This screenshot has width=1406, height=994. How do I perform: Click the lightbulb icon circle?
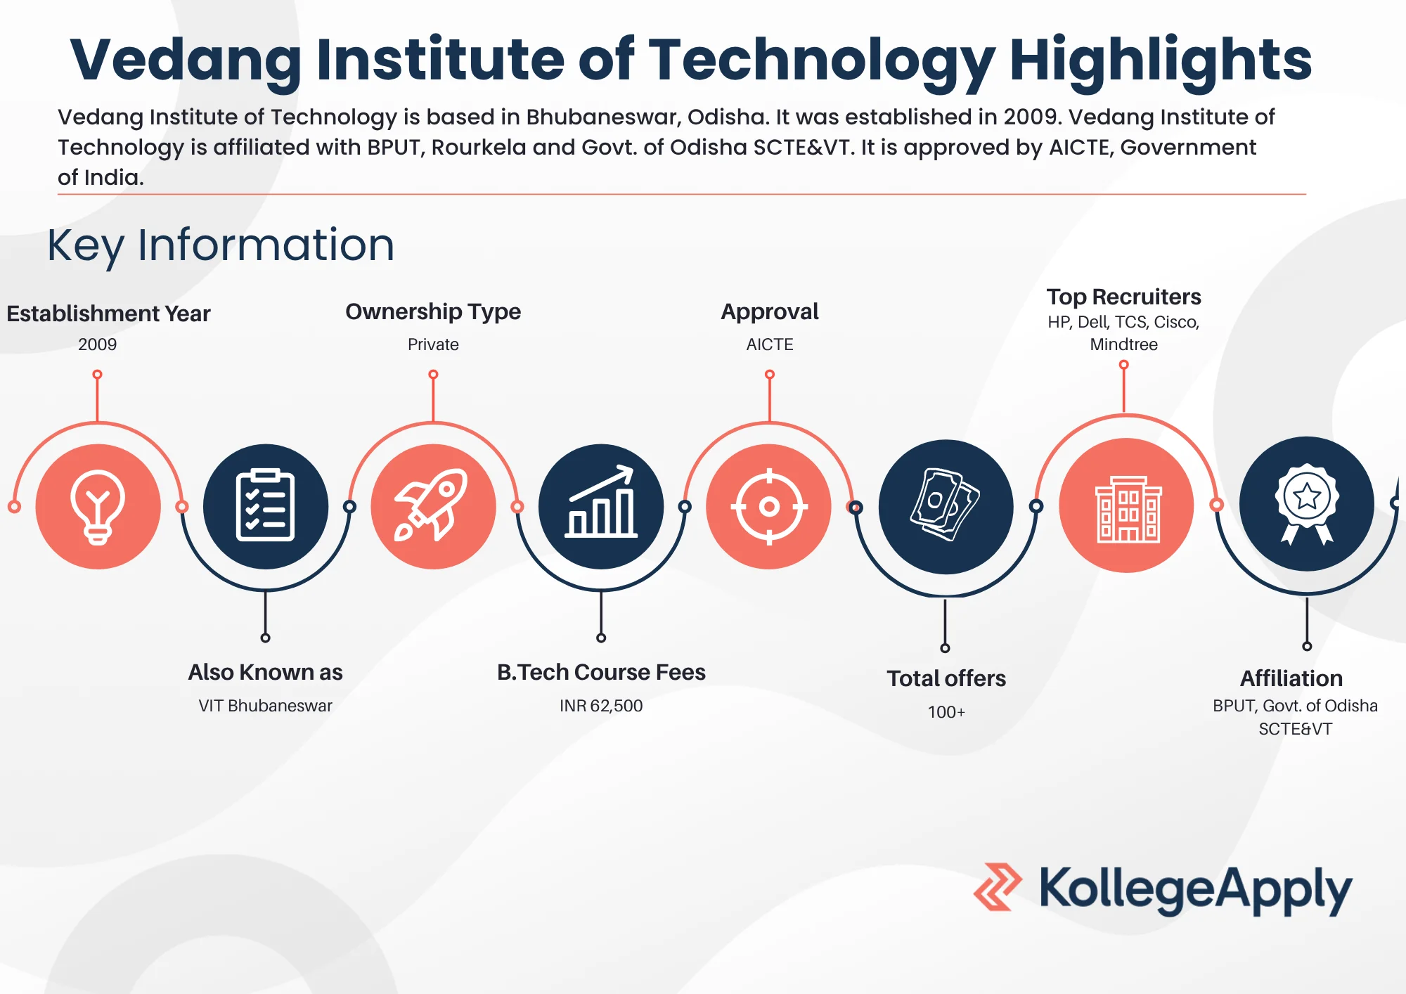pos(98,506)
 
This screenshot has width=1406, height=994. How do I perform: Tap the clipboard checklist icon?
pos(265,506)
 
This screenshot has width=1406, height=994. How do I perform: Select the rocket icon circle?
pos(433,506)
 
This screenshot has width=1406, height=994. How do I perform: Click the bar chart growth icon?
pos(601,506)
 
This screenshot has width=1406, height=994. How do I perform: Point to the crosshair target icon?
pos(769,506)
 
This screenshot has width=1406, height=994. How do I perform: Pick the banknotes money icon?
pos(946,506)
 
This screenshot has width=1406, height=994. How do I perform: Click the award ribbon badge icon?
pos(1307,503)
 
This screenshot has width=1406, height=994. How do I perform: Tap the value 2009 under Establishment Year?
pos(97,344)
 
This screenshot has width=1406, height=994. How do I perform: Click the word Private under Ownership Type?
pos(433,344)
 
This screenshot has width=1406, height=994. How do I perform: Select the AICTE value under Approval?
pos(770,344)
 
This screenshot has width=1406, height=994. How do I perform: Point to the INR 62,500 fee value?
pos(601,706)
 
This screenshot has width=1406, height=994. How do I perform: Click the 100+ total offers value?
pos(946,712)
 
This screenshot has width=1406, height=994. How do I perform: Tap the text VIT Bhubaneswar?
pos(265,706)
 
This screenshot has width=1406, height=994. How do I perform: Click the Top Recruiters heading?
pos(1123,297)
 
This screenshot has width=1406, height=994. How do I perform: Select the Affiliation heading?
pos(1291,678)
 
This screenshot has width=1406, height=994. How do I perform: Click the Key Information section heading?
pos(221,245)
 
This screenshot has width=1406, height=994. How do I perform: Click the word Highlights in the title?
pos(1160,60)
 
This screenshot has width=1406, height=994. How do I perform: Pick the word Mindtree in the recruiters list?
pos(1123,344)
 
